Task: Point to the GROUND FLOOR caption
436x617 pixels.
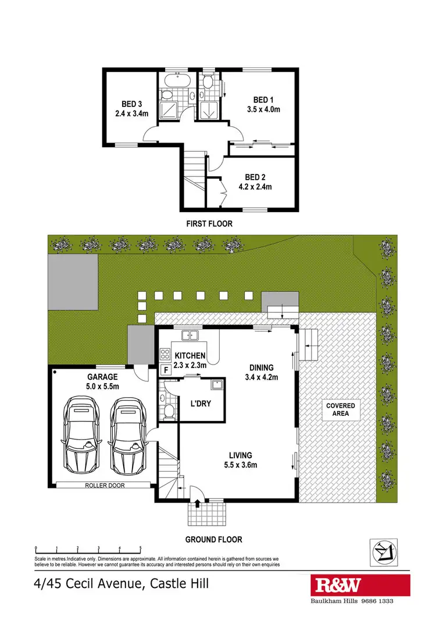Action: [x=213, y=539]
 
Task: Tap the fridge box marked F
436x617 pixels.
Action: [x=165, y=370]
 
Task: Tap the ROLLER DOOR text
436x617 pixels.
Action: [x=105, y=484]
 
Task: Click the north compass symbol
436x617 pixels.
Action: [x=384, y=549]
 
